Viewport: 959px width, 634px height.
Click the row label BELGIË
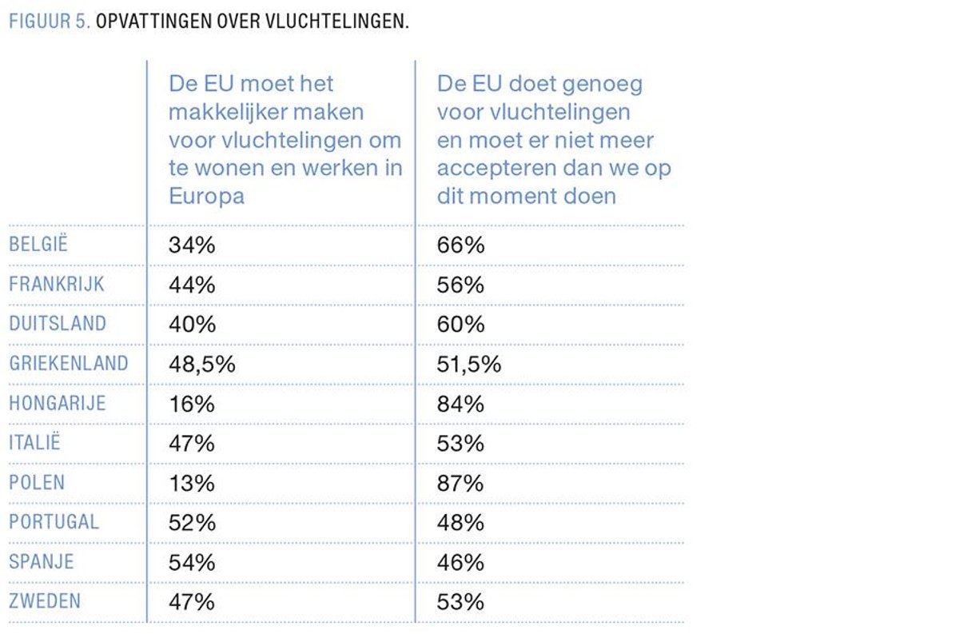[x=38, y=245]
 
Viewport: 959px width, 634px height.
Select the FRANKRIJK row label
[x=56, y=285]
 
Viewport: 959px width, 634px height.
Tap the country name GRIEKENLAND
[x=68, y=364]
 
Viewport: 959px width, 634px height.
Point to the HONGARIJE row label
[x=57, y=404]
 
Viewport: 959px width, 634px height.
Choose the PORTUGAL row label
[x=54, y=523]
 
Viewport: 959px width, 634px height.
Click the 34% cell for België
[x=192, y=245]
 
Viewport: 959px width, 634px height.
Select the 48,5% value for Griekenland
[x=201, y=365]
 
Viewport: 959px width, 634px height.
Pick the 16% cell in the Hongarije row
[x=191, y=405]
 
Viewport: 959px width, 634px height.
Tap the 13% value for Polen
[x=191, y=484]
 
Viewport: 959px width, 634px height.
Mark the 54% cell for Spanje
[x=192, y=563]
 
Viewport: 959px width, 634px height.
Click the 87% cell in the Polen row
[x=460, y=484]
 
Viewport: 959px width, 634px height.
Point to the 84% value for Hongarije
[x=460, y=405]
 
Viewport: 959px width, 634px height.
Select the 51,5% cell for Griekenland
[x=469, y=365]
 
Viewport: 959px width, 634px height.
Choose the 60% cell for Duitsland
[x=460, y=325]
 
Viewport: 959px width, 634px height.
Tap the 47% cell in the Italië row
[x=192, y=444]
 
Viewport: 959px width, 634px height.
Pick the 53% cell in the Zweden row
[x=460, y=602]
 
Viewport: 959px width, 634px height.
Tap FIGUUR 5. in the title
[x=49, y=22]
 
